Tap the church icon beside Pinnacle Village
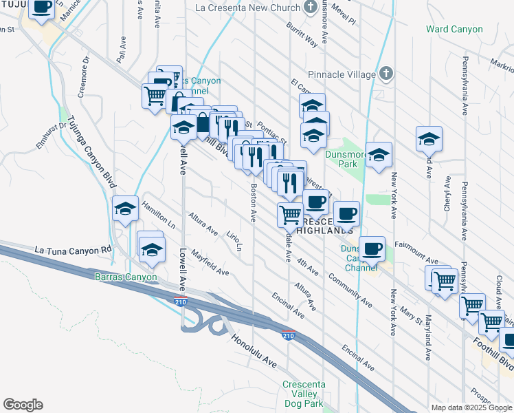pos(386,74)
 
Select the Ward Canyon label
pos(454,30)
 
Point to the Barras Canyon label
pos(125,277)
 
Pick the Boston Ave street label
pos(254,202)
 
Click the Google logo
pos(23,405)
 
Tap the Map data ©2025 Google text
pos(471,407)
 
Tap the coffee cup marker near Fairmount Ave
pos(372,250)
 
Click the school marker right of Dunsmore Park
pos(378,156)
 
